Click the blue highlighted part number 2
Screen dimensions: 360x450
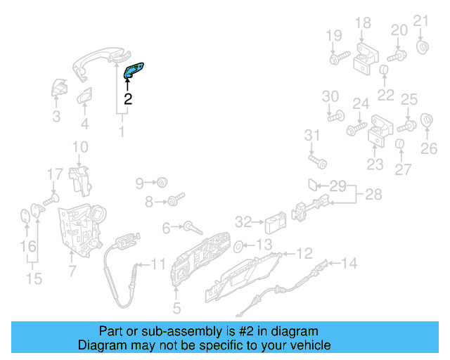point(134,70)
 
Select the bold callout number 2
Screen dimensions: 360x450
point(128,99)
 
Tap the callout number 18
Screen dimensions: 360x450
point(362,24)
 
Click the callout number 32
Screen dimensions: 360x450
point(243,222)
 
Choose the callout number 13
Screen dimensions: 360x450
point(263,245)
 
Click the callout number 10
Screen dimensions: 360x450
point(80,147)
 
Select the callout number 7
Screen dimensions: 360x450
point(72,270)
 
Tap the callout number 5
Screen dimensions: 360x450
point(176,307)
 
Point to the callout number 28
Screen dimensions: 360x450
point(373,194)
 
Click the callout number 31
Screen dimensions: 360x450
point(312,135)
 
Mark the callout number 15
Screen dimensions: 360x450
point(34,279)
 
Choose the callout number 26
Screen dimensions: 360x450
point(429,148)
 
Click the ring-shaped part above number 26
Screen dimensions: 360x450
point(425,120)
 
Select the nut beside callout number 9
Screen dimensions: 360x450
point(161,183)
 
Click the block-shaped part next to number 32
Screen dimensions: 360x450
point(274,224)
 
